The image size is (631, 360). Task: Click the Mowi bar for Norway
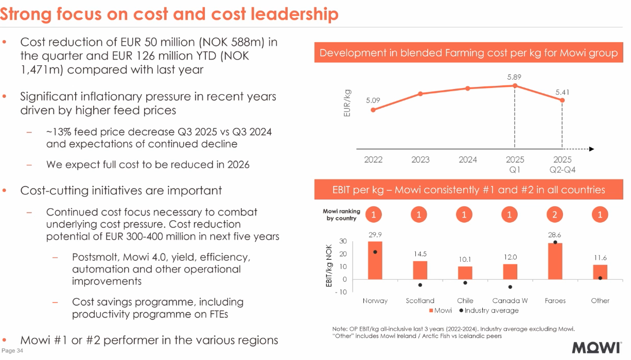[x=375, y=260]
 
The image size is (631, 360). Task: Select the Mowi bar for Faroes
[x=555, y=261]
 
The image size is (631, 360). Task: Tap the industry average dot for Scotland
[x=420, y=285]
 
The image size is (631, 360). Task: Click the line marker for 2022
[x=373, y=110]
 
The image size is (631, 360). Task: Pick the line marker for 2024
[x=468, y=88]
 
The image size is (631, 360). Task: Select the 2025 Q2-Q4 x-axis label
[x=562, y=165]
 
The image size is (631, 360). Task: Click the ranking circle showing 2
[x=555, y=215]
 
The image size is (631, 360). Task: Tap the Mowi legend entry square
[x=431, y=311]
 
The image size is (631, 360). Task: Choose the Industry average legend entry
[x=491, y=311]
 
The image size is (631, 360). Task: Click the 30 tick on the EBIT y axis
[x=343, y=242]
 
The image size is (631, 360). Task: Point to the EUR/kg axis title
[x=348, y=103]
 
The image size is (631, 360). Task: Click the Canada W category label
[x=510, y=301]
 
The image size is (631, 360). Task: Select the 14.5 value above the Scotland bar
[x=420, y=254]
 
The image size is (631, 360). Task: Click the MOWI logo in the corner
[x=597, y=348]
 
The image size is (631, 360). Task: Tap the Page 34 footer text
[x=13, y=351]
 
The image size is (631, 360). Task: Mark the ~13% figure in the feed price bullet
[x=57, y=132]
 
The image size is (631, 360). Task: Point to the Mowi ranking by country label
[x=341, y=215]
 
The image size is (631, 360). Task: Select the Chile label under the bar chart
[x=465, y=301]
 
